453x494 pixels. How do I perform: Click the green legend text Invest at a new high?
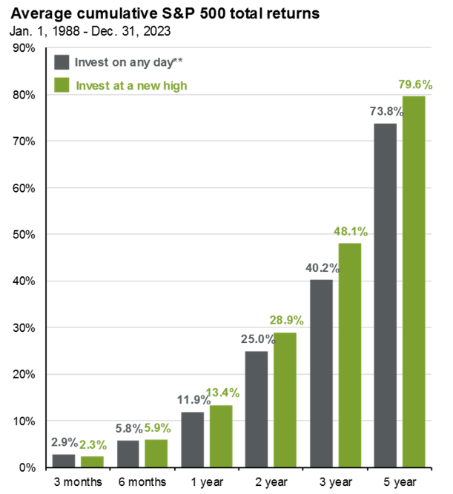coord(131,86)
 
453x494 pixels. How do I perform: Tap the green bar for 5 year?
coord(413,281)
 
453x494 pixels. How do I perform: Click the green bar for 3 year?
coord(351,355)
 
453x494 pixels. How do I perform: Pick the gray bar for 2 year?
coord(257,409)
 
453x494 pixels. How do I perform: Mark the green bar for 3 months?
coord(92,461)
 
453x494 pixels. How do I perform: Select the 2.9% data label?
coord(65,442)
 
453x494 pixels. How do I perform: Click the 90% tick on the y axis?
coord(24,48)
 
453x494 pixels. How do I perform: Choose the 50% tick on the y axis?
coord(24,235)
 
